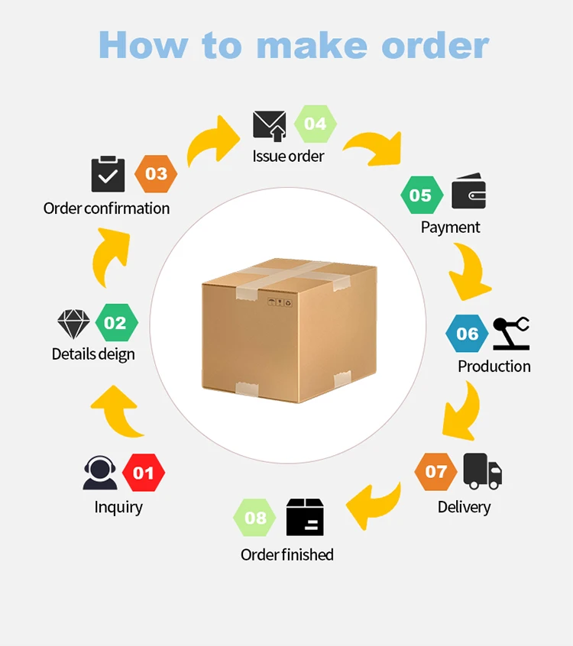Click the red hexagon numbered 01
(144, 473)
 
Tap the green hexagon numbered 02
(115, 323)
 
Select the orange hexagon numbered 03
(156, 174)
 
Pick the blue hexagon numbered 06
(467, 334)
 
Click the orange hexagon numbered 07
(436, 472)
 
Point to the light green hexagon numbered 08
(255, 518)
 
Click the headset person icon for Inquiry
(100, 473)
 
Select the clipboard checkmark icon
(108, 174)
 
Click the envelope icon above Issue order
(270, 125)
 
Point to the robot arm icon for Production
(511, 334)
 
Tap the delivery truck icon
(483, 471)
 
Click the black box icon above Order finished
(305, 518)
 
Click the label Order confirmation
(106, 208)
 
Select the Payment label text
(450, 228)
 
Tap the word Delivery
(464, 507)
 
